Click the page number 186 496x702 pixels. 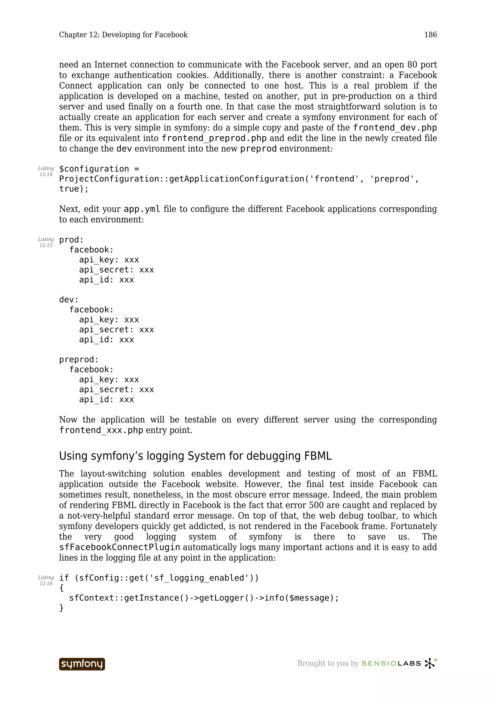pyautogui.click(x=430, y=35)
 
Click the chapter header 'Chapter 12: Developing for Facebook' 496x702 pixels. pyautogui.click(x=123, y=35)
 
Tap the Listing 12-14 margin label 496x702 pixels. pyautogui.click(x=46, y=172)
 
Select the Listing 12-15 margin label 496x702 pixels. pyautogui.click(x=46, y=242)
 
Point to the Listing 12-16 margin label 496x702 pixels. pyautogui.click(x=46, y=581)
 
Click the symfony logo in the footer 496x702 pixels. pyautogui.click(x=82, y=664)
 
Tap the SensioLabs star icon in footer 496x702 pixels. pyautogui.click(x=430, y=663)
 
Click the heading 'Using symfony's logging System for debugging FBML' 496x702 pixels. pyautogui.click(x=195, y=456)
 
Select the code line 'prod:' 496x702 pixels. pyautogui.click(x=71, y=240)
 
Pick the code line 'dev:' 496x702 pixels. pyautogui.click(x=69, y=300)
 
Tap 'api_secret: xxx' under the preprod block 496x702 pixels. pyautogui.click(x=116, y=390)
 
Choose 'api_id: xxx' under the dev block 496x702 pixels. pyautogui.click(x=106, y=340)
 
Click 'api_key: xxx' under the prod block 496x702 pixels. pyautogui.click(x=109, y=260)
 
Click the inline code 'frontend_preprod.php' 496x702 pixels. pyautogui.click(x=214, y=138)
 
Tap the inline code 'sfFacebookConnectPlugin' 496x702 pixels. pyautogui.click(x=119, y=547)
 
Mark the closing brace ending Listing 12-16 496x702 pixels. pyautogui.click(x=62, y=608)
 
